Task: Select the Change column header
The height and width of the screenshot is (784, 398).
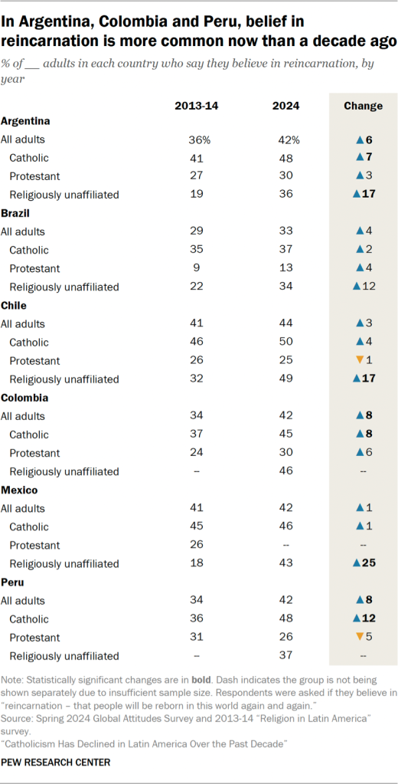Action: tap(364, 106)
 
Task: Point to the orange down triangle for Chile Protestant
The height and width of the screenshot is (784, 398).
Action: tap(355, 361)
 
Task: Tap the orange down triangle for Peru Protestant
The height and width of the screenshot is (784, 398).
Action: tap(355, 638)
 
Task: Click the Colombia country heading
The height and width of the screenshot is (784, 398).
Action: tap(24, 398)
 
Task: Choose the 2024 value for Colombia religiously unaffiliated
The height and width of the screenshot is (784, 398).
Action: tap(286, 471)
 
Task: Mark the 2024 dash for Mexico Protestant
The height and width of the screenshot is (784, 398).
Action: tap(286, 546)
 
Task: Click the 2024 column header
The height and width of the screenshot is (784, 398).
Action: tap(286, 106)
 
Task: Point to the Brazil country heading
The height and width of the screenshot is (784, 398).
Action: tap(16, 213)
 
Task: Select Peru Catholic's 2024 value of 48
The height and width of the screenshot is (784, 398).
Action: tap(286, 619)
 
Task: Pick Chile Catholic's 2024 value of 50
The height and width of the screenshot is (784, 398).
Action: tap(286, 343)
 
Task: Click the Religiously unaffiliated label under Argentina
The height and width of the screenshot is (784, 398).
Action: tap(64, 195)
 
